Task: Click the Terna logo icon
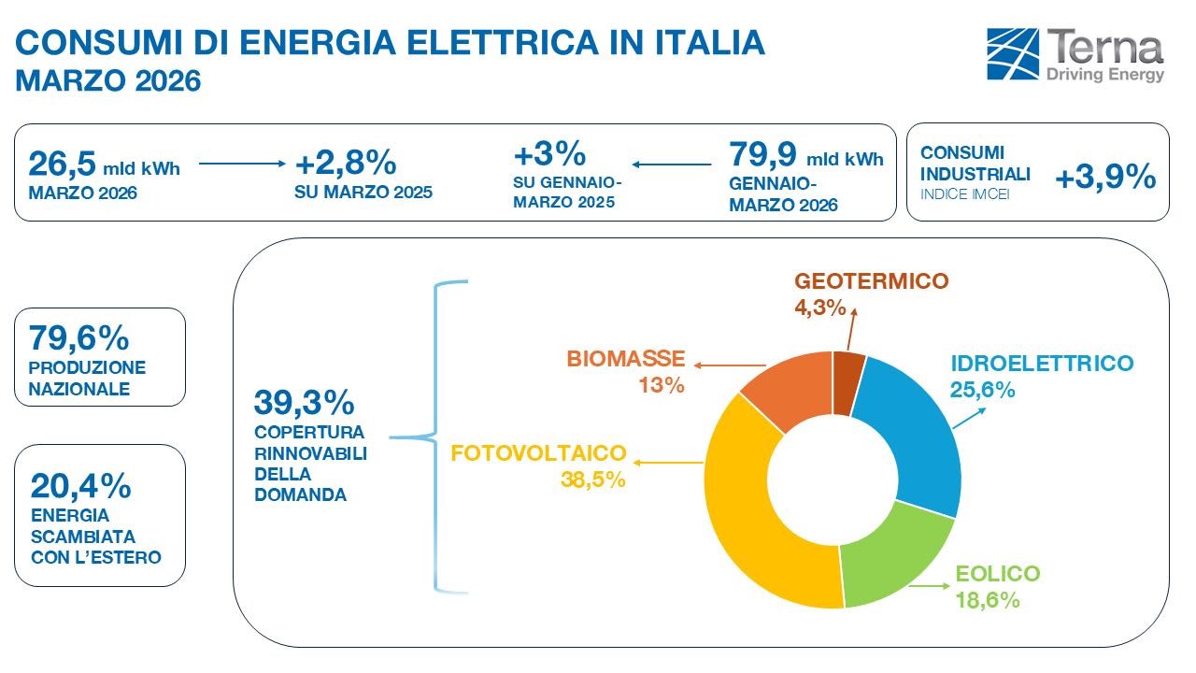pyautogui.click(x=1014, y=54)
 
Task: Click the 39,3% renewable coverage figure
pyautogui.click(x=304, y=403)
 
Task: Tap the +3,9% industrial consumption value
pyautogui.click(x=1105, y=178)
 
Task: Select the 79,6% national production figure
pyautogui.click(x=79, y=336)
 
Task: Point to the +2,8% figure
pyautogui.click(x=346, y=164)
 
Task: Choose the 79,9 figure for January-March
pyautogui.click(x=762, y=153)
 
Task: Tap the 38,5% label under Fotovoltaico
pyautogui.click(x=593, y=480)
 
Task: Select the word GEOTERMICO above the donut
pyautogui.click(x=871, y=281)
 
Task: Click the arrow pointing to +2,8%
pyautogui.click(x=241, y=165)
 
